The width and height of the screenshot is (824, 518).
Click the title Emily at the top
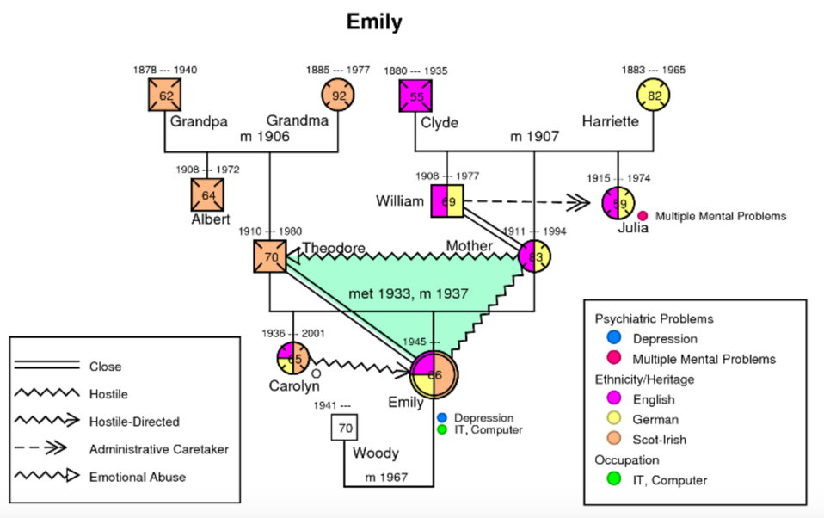pos(374,22)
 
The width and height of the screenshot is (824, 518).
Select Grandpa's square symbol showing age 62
pos(165,96)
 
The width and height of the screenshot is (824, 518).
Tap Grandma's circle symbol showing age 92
pos(339,96)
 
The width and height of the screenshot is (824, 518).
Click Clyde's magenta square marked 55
pos(416,96)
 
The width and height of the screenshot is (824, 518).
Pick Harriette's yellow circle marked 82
pos(654,96)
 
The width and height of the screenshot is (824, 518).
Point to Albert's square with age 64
pos(208,194)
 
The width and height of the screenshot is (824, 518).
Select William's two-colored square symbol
pos(447,201)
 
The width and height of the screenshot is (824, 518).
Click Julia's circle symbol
pos(618,203)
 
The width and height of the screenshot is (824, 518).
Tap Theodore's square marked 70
pos(271,256)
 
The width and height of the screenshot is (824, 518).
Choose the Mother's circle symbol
pos(534,256)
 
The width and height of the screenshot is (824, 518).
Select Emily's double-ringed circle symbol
pos(434,374)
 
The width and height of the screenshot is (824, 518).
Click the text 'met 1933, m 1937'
pos(408,294)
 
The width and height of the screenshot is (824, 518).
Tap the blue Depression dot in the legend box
pos(612,339)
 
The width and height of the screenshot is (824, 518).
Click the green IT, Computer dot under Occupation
pos(612,480)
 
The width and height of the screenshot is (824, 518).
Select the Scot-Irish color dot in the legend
pos(612,440)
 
